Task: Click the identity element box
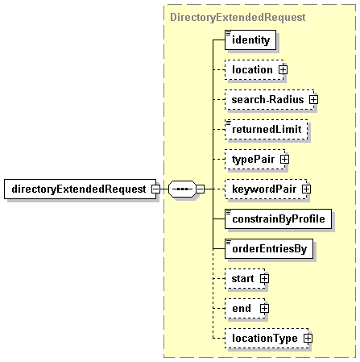tap(250, 40)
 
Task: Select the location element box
tap(254, 69)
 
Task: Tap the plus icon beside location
tap(283, 70)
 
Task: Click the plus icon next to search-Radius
tap(313, 100)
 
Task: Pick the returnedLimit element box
tap(267, 129)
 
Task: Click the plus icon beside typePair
tap(284, 160)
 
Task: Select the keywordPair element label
tap(264, 189)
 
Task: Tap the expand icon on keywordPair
tap(306, 189)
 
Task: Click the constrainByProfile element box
tap(278, 218)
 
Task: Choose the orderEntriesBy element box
tap(269, 248)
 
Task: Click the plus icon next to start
tap(264, 279)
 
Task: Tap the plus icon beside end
tap(264, 309)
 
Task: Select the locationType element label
tap(265, 338)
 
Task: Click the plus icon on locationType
tap(308, 339)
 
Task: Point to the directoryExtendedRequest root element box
tap(80, 189)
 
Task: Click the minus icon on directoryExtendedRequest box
tap(155, 189)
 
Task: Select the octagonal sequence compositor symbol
tap(182, 189)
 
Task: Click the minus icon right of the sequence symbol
tap(200, 189)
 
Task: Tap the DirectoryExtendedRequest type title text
tap(238, 17)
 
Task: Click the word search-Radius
tap(267, 100)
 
